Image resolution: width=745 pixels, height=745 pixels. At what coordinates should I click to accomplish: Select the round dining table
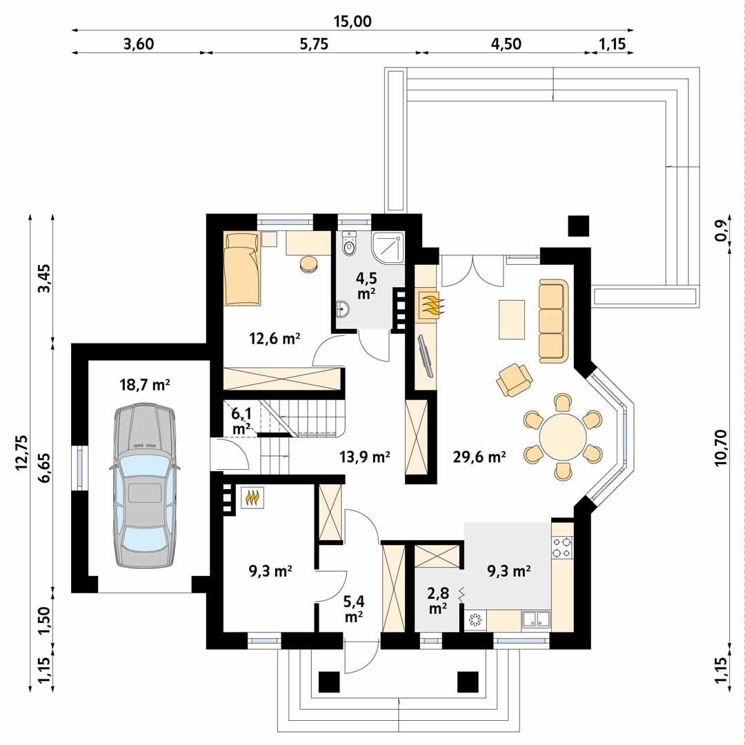point(562,437)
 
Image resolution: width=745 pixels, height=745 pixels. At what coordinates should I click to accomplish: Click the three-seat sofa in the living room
point(551,321)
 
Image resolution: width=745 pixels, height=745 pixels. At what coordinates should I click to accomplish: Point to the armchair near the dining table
point(515,379)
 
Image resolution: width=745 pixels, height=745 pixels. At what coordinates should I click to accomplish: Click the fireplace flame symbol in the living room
point(430,304)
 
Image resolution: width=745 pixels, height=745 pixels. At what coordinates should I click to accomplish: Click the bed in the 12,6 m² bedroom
point(242,268)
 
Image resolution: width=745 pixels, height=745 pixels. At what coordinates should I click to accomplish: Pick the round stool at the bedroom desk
point(308,264)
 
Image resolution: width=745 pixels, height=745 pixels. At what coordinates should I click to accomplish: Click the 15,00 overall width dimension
point(352,21)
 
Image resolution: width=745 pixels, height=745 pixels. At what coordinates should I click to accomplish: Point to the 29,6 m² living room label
point(480,455)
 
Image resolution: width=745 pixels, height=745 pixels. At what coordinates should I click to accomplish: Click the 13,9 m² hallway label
point(365,455)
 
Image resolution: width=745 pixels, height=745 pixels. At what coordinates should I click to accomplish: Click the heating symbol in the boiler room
point(252,498)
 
